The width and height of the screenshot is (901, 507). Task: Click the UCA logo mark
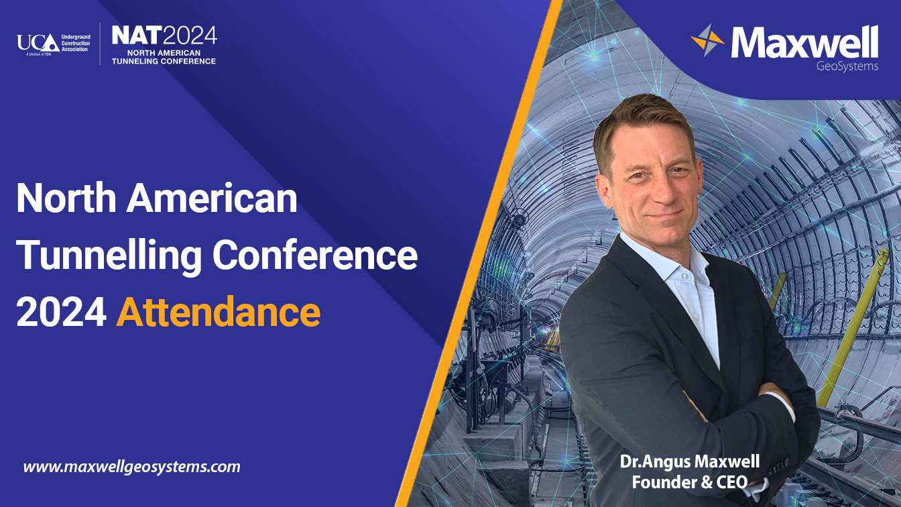(x=38, y=43)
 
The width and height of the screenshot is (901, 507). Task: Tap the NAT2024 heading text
(x=164, y=36)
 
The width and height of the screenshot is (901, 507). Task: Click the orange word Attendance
(x=219, y=312)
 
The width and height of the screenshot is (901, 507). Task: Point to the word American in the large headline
(x=212, y=199)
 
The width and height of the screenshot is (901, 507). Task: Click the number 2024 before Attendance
(x=62, y=313)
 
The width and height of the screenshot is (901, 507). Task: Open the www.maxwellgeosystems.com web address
(x=131, y=467)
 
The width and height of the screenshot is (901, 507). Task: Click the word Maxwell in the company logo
(x=804, y=42)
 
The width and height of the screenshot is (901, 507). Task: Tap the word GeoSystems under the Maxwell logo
(x=847, y=66)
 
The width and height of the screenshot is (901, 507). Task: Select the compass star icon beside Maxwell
(x=707, y=40)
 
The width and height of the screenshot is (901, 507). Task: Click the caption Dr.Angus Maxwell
(x=690, y=461)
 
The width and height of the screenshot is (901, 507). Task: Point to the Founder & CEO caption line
(x=690, y=482)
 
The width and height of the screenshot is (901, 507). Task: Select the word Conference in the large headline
(x=315, y=255)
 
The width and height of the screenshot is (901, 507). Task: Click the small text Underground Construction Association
(x=76, y=43)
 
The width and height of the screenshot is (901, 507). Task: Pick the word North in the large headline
(x=66, y=199)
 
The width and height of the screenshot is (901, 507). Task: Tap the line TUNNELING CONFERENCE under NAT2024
(x=164, y=61)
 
